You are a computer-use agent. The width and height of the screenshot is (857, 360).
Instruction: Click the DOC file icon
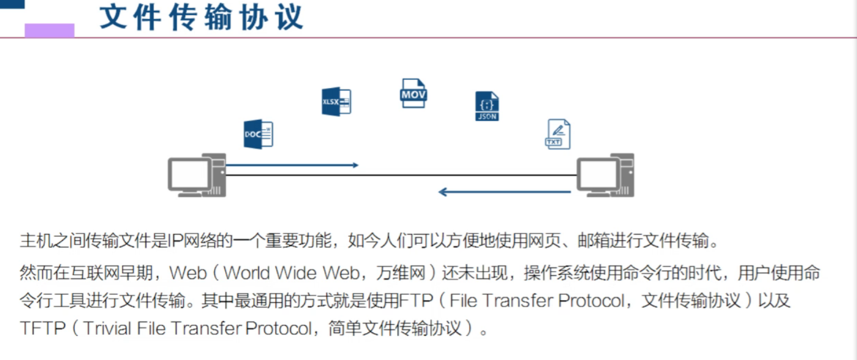pos(258,134)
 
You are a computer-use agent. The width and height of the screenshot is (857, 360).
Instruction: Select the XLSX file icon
pos(336,102)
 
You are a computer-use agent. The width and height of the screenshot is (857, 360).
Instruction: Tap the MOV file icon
pos(413,93)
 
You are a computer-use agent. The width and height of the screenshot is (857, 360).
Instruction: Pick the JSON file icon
pos(487,107)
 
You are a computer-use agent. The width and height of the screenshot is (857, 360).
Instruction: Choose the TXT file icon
pos(558,134)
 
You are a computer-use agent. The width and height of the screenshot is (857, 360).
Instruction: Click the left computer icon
pos(197,175)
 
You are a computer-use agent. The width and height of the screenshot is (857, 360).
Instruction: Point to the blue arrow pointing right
pos(292,165)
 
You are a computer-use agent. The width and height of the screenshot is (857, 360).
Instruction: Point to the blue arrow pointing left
pos(504,192)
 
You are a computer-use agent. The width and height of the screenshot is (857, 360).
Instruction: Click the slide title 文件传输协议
pos(202,18)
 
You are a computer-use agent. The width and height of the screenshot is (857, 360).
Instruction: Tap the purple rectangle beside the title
pos(49,30)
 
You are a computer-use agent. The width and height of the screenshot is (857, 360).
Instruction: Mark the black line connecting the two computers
pos(401,175)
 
